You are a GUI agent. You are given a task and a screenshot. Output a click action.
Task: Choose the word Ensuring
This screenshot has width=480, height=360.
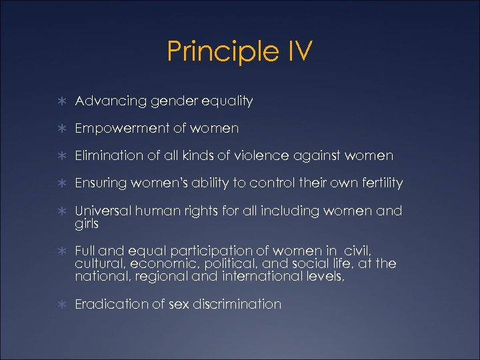[101, 183]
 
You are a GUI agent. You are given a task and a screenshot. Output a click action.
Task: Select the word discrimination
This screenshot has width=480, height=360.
[237, 304]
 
